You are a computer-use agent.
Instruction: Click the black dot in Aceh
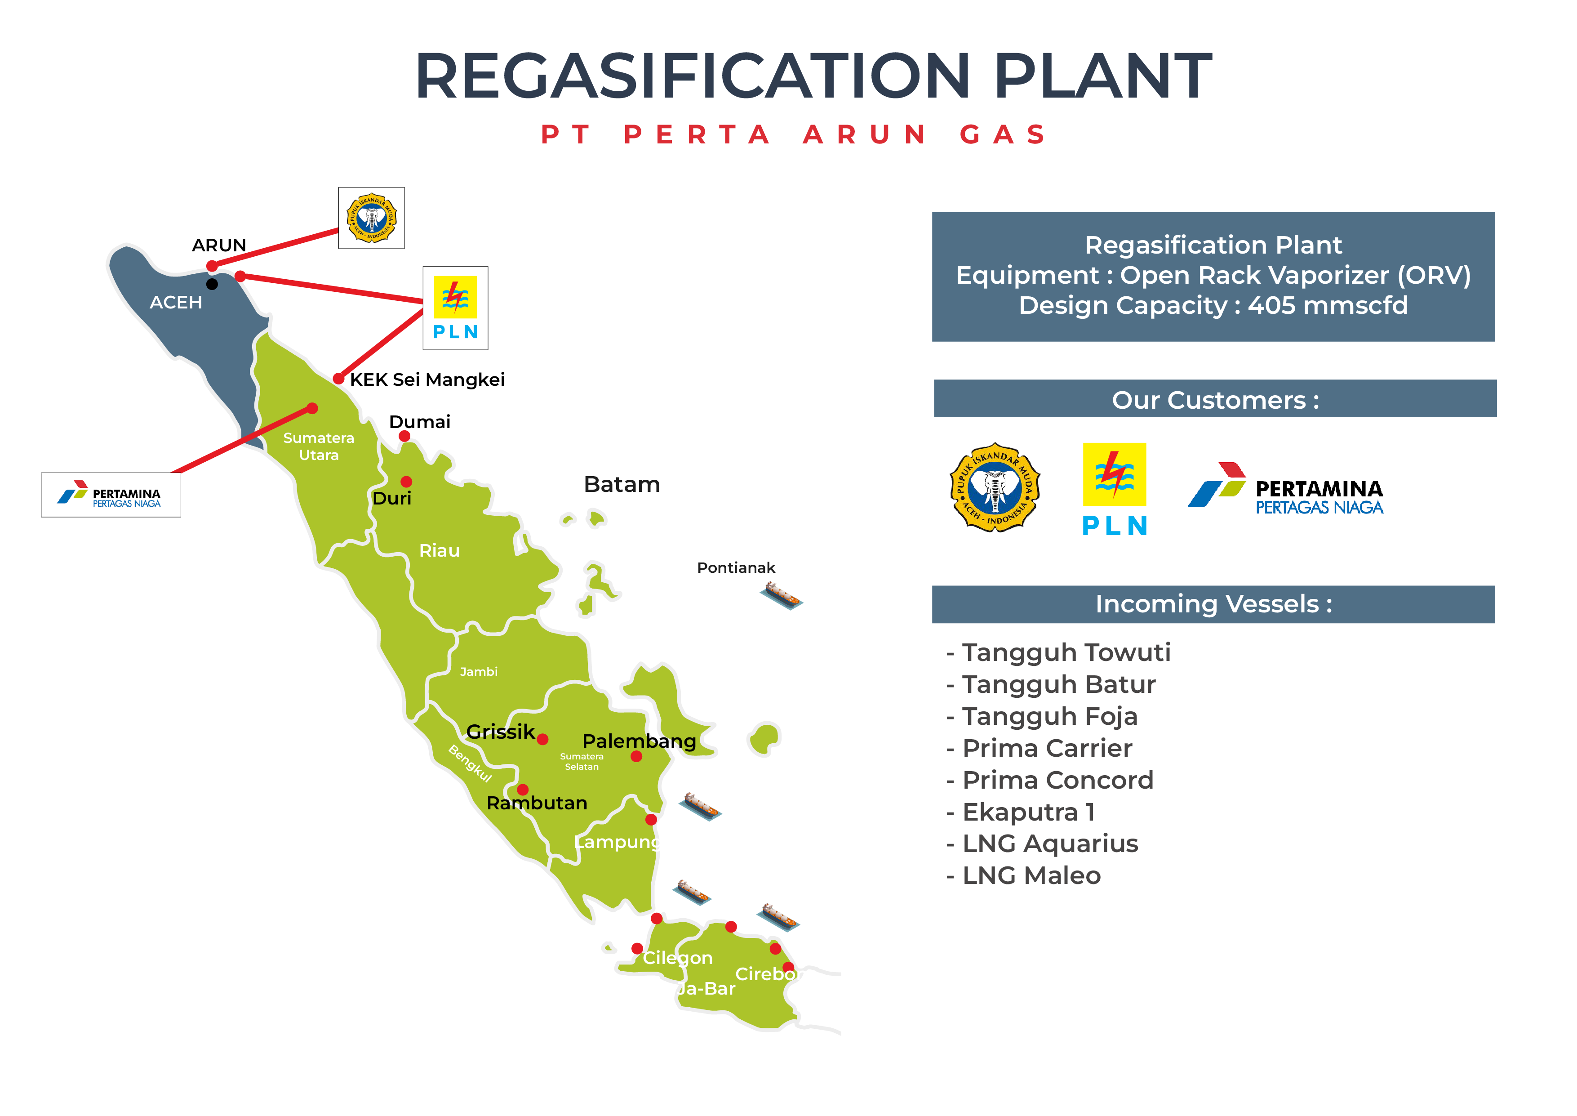(x=212, y=284)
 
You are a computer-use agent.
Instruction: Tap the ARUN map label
(x=218, y=246)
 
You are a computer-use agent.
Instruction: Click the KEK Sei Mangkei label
(x=427, y=379)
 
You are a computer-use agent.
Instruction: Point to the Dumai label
(x=420, y=421)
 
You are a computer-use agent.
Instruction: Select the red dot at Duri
(x=407, y=482)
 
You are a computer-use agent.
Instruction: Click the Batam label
(x=622, y=484)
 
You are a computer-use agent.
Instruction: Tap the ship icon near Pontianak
(x=781, y=595)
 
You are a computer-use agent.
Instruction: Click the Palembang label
(x=639, y=741)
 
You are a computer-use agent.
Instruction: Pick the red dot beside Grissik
(x=542, y=739)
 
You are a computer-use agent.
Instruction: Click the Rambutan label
(x=537, y=803)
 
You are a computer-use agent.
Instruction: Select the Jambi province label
(x=479, y=671)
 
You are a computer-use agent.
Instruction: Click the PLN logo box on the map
(x=455, y=308)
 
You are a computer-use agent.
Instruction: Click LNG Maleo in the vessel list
(x=1032, y=875)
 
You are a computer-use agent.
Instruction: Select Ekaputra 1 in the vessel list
(x=1028, y=812)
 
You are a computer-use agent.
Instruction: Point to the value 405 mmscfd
(x=1328, y=305)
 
